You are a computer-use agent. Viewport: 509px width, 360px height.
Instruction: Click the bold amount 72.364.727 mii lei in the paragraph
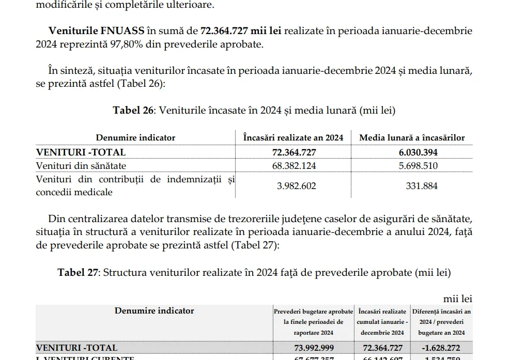[x=241, y=30]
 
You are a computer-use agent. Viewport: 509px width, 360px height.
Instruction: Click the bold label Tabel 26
[x=133, y=110]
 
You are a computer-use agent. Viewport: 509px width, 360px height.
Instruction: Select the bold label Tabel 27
[x=78, y=272]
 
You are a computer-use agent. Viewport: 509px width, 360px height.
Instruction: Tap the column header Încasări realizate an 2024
[x=293, y=137]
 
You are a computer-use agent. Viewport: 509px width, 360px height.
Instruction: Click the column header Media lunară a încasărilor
[x=412, y=137]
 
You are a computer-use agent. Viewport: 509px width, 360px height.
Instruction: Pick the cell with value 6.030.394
[x=412, y=152]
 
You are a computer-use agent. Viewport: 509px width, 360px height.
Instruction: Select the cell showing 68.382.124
[x=294, y=166]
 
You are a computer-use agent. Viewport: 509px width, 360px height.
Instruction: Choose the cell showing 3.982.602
[x=294, y=186]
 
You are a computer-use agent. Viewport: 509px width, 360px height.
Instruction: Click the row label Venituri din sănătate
[x=81, y=166]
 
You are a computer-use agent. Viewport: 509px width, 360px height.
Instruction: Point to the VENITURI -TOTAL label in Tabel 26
[x=81, y=152]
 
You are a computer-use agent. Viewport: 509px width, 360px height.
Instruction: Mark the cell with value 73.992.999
[x=314, y=348]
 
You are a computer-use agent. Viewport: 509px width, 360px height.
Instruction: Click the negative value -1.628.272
[x=441, y=348]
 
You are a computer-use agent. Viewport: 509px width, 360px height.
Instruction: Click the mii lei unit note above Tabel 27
[x=457, y=299]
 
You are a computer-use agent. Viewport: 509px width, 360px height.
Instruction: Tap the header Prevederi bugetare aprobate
[x=313, y=311]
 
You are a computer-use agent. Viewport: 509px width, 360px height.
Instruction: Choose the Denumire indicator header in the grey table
[x=155, y=310]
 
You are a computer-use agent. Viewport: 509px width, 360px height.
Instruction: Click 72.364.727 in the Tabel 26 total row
[x=294, y=152]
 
